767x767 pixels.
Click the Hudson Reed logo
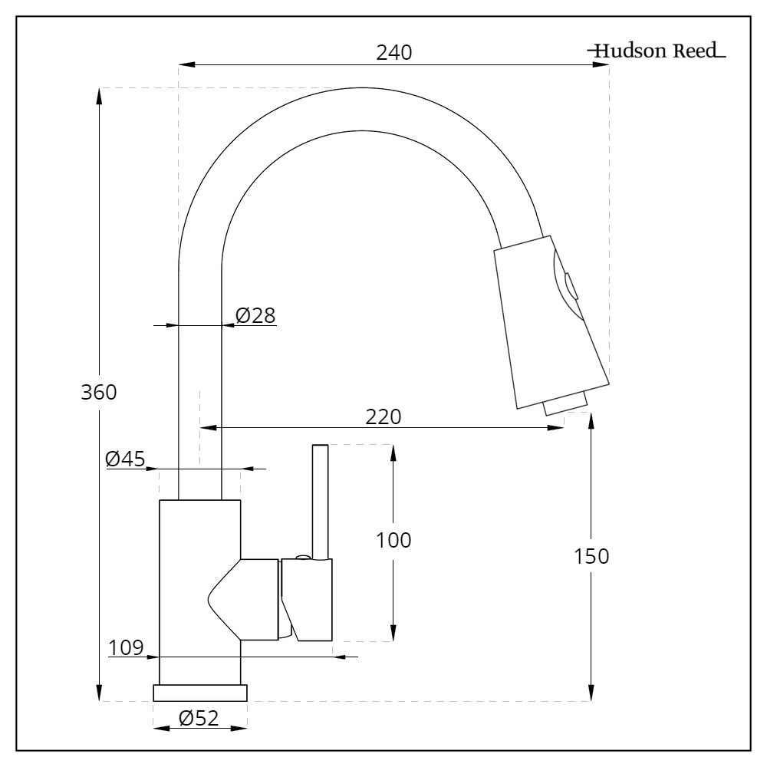click(x=657, y=52)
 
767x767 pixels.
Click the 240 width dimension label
click(x=394, y=53)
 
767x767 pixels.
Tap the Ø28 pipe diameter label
click(x=255, y=315)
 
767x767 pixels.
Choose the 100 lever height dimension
click(x=394, y=540)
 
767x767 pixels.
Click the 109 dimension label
click(x=126, y=647)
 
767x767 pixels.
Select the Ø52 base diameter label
click(x=199, y=718)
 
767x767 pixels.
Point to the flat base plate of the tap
click(x=200, y=693)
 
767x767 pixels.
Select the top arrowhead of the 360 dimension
click(x=100, y=95)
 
